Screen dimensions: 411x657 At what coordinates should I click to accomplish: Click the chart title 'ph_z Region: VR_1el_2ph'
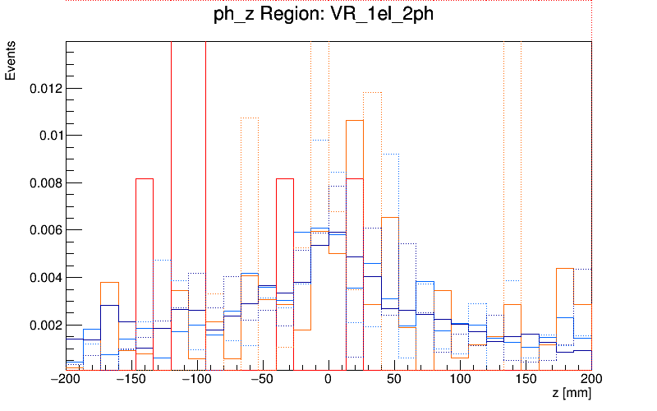click(x=328, y=17)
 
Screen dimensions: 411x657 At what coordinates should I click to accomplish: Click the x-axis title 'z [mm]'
click(x=572, y=395)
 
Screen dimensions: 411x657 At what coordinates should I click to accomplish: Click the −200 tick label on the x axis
click(x=66, y=380)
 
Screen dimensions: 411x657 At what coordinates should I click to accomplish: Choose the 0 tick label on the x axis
click(x=328, y=380)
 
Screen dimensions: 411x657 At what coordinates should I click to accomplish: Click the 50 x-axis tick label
click(x=394, y=380)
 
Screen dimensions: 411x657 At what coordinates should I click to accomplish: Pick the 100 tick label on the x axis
click(x=460, y=380)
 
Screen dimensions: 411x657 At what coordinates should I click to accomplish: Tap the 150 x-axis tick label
click(x=526, y=380)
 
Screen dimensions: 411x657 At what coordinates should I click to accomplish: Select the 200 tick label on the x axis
click(x=590, y=380)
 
